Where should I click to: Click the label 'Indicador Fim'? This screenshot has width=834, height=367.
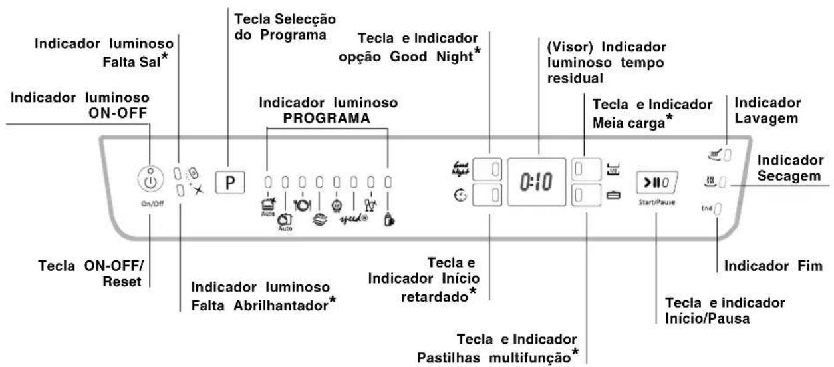tap(772, 266)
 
